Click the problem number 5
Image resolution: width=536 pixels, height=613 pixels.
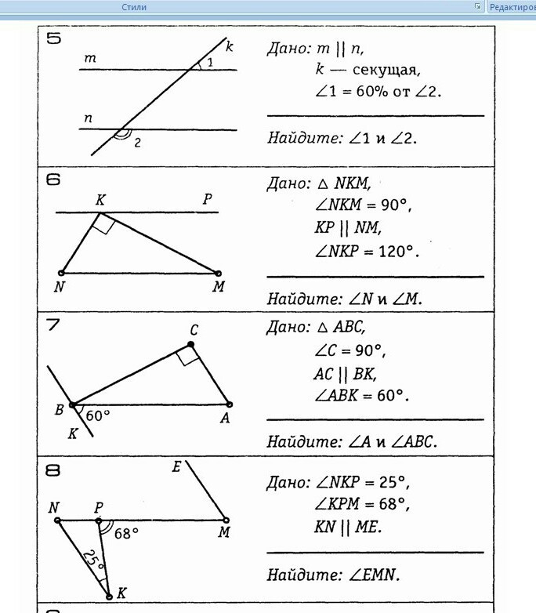click(x=53, y=38)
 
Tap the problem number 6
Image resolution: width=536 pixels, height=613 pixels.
click(x=53, y=180)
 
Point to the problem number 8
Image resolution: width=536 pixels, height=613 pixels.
click(x=53, y=470)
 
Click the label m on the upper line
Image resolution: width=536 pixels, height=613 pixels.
click(x=90, y=59)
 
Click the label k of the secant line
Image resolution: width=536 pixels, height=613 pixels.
click(x=230, y=47)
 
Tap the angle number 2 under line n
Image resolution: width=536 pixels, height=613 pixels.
click(x=137, y=143)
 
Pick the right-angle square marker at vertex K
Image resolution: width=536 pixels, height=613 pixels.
click(x=104, y=225)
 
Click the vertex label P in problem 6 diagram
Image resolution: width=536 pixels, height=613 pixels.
click(x=207, y=200)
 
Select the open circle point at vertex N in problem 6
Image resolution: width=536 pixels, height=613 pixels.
click(x=61, y=273)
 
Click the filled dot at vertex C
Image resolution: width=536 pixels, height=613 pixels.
click(x=191, y=344)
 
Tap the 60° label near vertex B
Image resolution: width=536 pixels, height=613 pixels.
click(x=98, y=415)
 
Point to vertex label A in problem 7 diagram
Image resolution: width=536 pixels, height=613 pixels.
click(x=225, y=419)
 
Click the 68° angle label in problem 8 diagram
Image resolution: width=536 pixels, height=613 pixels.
click(x=125, y=534)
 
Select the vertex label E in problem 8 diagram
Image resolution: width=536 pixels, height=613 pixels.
click(x=176, y=468)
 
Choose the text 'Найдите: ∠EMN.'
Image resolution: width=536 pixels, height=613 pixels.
click(x=333, y=575)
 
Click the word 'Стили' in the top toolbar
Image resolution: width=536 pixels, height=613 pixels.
click(x=134, y=7)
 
